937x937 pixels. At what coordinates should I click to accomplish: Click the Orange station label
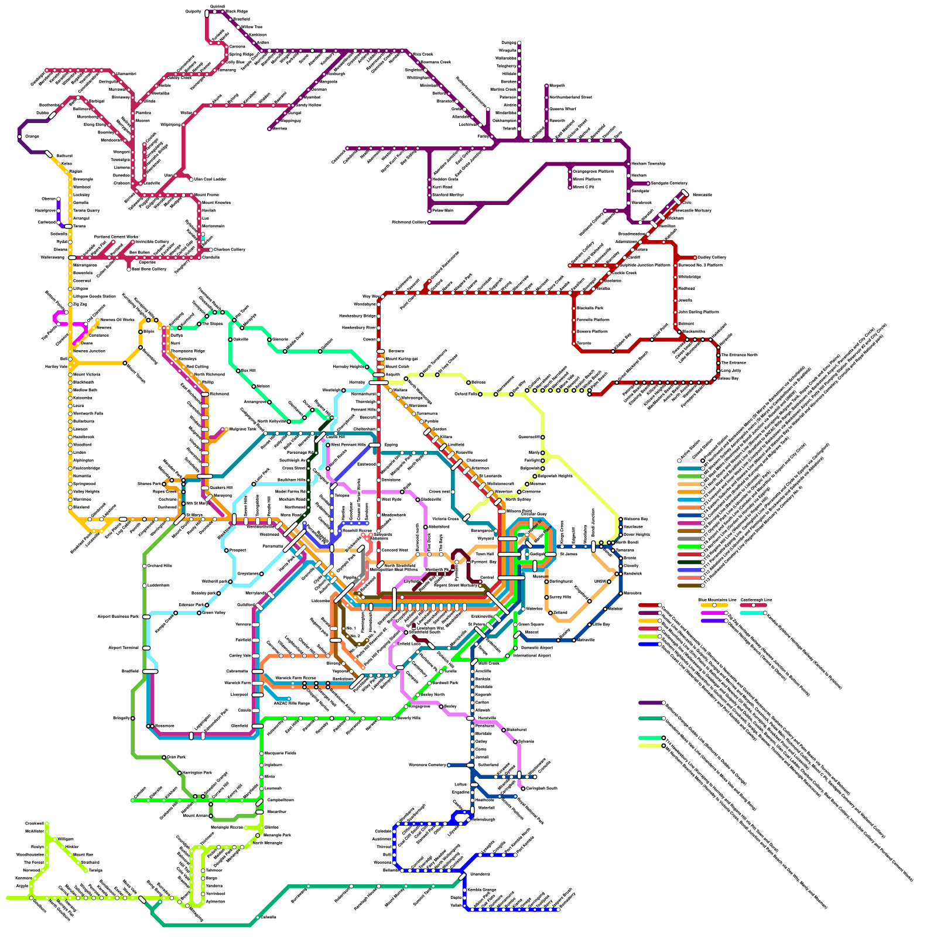(x=32, y=136)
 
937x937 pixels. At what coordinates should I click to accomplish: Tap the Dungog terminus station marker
(x=519, y=43)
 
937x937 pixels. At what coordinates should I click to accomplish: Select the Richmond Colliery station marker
(x=429, y=223)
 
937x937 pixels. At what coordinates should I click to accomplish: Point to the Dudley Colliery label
(x=712, y=257)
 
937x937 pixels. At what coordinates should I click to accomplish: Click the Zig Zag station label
(x=80, y=304)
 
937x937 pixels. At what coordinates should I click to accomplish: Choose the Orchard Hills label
(x=159, y=566)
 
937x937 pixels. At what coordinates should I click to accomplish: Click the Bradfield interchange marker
(x=151, y=671)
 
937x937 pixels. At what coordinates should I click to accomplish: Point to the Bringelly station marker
(x=133, y=718)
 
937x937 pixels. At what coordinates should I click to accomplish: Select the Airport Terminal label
(x=123, y=648)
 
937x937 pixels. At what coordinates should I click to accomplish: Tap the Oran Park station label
(x=176, y=757)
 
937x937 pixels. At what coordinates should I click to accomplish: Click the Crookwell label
(x=35, y=823)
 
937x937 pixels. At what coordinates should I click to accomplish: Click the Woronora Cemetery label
(x=427, y=765)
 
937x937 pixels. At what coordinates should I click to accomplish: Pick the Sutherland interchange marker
(x=470, y=765)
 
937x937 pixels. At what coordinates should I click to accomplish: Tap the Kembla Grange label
(x=481, y=890)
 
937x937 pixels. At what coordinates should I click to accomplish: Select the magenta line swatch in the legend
(x=713, y=613)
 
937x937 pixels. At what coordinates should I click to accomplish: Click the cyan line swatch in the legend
(x=752, y=613)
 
